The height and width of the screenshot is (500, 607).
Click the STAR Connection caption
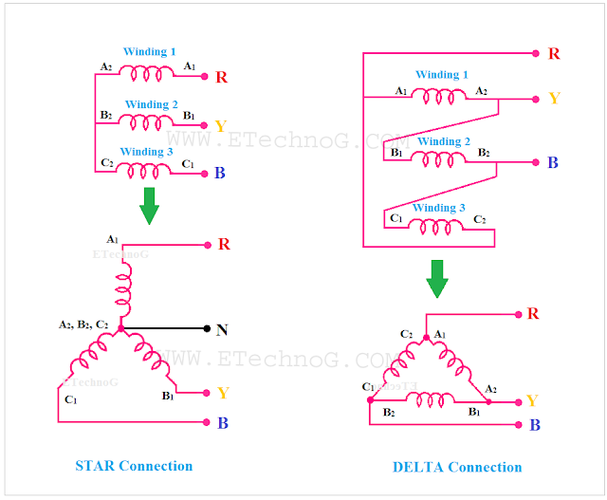[x=134, y=466]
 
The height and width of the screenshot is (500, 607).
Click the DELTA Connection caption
[x=457, y=467]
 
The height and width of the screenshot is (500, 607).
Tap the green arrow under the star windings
[x=149, y=205]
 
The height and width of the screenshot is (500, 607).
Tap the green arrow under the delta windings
[x=437, y=278]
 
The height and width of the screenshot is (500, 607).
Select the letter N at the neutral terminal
[x=221, y=330]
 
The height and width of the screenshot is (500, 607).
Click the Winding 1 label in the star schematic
[x=150, y=51]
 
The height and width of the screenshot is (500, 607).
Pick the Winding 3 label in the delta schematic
[x=439, y=207]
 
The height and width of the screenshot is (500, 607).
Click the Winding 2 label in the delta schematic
[x=445, y=141]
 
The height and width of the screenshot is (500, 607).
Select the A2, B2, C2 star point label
[x=83, y=324]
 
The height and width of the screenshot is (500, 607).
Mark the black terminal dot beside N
[x=208, y=329]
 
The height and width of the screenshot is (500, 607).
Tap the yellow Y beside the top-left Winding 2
[x=220, y=126]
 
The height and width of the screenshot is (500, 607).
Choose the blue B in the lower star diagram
[x=222, y=423]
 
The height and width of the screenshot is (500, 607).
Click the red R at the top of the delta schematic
[x=553, y=53]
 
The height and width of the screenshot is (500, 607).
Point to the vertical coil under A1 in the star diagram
[x=121, y=282]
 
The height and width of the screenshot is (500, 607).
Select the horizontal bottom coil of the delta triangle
[x=430, y=400]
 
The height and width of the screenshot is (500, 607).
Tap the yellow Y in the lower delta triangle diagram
[x=532, y=400]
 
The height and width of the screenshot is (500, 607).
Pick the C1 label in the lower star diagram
[x=71, y=400]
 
